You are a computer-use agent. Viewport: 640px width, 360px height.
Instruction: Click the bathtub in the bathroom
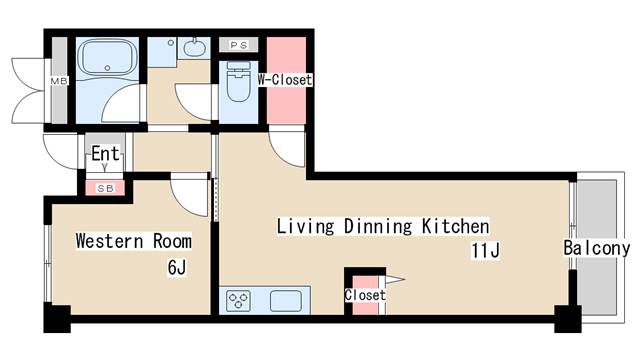pyautogui.click(x=107, y=57)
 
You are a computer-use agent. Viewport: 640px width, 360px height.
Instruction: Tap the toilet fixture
pyautogui.click(x=239, y=81)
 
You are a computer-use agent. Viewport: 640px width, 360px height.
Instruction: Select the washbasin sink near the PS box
pyautogui.click(x=195, y=47)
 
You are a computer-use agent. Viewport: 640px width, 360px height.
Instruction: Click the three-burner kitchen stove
pyautogui.click(x=239, y=301)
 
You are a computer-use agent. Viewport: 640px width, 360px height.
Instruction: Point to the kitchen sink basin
pyautogui.click(x=286, y=301)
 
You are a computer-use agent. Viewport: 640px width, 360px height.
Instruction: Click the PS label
pyautogui.click(x=239, y=45)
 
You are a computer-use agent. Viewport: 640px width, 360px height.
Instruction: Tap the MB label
pyautogui.click(x=59, y=81)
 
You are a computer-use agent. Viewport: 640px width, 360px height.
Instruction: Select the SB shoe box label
pyautogui.click(x=105, y=189)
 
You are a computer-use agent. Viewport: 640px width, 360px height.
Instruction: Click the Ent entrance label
pyautogui.click(x=105, y=154)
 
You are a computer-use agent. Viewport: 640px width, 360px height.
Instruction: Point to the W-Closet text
pyautogui.click(x=285, y=80)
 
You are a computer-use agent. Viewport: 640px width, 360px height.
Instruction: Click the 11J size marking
pyautogui.click(x=485, y=250)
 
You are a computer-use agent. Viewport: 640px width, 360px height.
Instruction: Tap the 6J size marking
pyautogui.click(x=177, y=268)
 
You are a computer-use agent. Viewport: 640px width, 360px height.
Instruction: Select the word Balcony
pyautogui.click(x=597, y=248)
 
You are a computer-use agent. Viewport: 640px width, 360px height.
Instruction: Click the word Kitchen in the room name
pyautogui.click(x=455, y=226)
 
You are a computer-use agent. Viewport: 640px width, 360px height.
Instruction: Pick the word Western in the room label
pyautogui.click(x=109, y=241)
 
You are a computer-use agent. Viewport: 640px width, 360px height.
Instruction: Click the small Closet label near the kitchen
pyautogui.click(x=365, y=295)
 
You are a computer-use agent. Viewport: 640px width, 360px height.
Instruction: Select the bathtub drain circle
pyautogui.click(x=107, y=68)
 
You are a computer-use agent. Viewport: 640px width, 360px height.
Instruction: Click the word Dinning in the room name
pyautogui.click(x=378, y=227)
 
